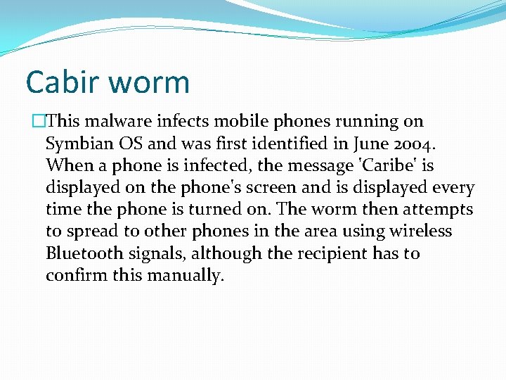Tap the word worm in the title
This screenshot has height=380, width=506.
(149, 83)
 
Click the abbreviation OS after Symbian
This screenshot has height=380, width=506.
(131, 144)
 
